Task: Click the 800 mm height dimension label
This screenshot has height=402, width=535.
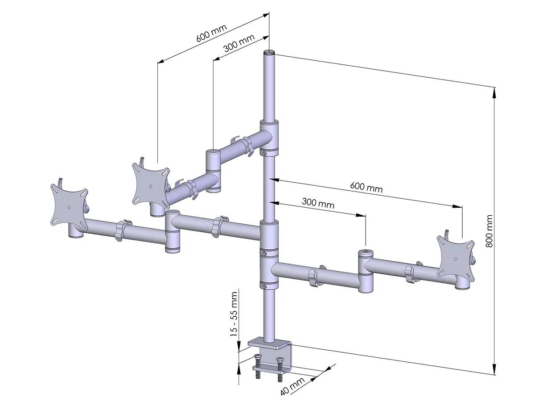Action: [x=489, y=231]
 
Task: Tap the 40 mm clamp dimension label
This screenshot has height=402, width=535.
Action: [x=292, y=386]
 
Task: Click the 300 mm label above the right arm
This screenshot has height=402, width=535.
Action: [x=318, y=203]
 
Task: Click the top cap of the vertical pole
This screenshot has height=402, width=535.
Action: [x=269, y=53]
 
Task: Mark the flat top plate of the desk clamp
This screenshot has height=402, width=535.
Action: [x=269, y=344]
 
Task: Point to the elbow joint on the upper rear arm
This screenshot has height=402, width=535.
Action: [x=213, y=171]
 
